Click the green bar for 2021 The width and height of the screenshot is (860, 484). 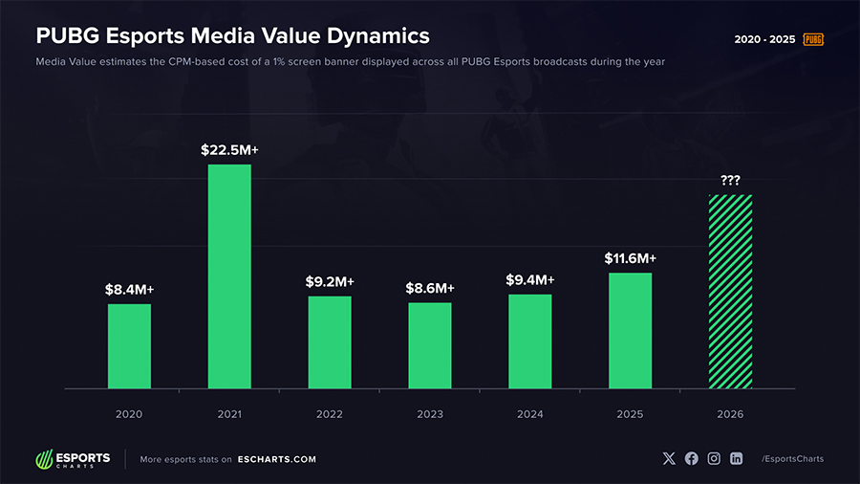229,276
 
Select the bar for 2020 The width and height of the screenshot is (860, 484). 129,346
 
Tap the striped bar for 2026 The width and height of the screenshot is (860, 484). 730,292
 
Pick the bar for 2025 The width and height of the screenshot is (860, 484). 630,331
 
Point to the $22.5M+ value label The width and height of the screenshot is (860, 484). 229,150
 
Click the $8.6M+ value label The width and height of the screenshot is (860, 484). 429,288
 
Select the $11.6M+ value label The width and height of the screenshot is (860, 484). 630,258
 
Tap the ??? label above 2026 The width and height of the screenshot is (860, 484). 730,180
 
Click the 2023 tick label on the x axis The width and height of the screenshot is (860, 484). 429,414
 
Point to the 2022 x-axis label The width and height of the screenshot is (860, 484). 329,414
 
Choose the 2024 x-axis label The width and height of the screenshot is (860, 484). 529,414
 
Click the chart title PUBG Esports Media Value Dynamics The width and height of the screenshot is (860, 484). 232,36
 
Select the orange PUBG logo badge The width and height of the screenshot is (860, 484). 813,39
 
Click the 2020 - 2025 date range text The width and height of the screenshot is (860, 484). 764,39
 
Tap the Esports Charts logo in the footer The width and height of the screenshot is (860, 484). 73,459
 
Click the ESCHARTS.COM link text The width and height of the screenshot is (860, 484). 276,459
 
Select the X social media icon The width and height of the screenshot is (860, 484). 669,459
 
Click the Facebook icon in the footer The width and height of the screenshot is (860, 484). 692,459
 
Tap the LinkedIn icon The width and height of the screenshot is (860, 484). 736,459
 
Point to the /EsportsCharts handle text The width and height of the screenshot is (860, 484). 792,459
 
